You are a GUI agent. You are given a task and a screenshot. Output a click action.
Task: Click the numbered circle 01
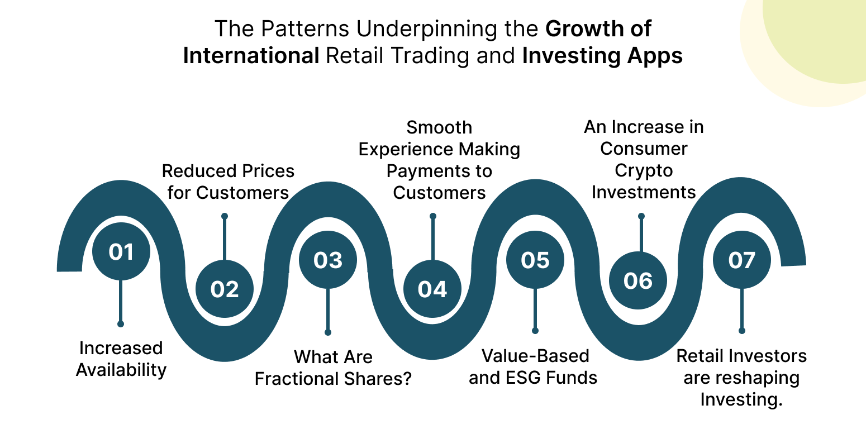point(121,251)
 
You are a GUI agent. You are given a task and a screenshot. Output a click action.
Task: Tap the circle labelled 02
point(225,289)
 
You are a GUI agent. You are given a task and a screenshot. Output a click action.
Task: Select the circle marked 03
point(328,260)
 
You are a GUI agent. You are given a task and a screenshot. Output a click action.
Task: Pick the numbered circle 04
point(432,289)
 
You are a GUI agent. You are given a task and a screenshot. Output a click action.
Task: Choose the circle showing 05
point(535,260)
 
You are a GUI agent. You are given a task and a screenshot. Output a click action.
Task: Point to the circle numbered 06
point(638,280)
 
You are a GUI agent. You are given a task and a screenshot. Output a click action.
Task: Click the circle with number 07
point(742,260)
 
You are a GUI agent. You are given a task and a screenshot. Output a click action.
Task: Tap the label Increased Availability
point(121,359)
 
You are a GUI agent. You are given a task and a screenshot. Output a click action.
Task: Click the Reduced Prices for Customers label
point(228,182)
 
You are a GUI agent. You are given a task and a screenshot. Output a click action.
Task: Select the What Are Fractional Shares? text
point(333,368)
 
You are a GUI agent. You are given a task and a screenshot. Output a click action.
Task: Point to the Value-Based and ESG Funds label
point(533,367)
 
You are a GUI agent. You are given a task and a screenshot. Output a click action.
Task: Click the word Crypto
point(644,171)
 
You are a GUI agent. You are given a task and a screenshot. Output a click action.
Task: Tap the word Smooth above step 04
point(439,127)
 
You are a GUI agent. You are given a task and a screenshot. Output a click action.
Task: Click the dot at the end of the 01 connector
point(121,324)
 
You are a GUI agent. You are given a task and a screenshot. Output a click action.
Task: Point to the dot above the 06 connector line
point(641,216)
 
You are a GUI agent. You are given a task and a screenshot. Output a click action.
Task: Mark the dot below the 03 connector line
point(328,332)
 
